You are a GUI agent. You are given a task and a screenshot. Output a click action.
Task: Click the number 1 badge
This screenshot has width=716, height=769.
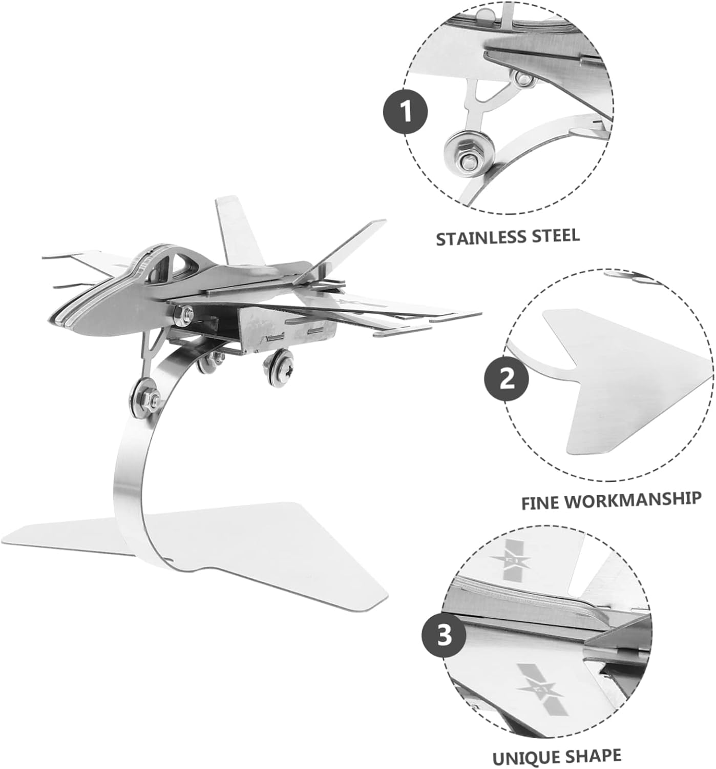click(406, 111)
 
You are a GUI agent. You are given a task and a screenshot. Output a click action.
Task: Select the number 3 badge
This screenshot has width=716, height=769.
click(444, 636)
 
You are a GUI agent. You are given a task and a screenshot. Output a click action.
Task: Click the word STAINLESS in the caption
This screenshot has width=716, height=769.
click(480, 238)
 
